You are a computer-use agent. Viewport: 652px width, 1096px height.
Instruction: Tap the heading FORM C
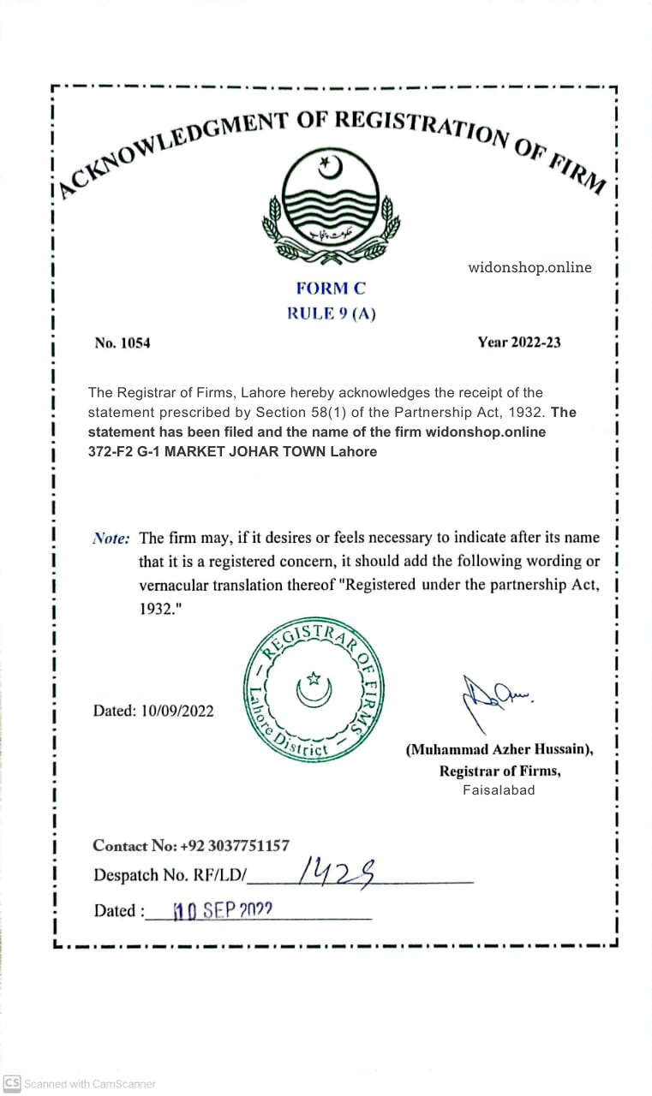[x=331, y=289]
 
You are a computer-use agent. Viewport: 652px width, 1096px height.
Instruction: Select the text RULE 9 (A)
[x=331, y=313]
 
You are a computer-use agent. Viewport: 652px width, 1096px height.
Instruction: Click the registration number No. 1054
[x=123, y=343]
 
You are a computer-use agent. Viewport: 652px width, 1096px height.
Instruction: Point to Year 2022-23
[x=519, y=342]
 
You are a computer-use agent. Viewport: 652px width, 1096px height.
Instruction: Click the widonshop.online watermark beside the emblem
[x=529, y=267]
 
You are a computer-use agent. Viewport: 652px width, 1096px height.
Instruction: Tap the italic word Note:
[x=111, y=539]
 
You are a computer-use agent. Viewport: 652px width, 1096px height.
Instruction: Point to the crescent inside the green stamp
[x=314, y=689]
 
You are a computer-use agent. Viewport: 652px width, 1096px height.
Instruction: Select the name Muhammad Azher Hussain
[x=499, y=749]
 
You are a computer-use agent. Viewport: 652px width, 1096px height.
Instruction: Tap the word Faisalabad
[x=499, y=790]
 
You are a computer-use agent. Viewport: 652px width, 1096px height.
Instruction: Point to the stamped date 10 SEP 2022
[x=223, y=910]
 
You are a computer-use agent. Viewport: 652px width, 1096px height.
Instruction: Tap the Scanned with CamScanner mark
[x=80, y=1084]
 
